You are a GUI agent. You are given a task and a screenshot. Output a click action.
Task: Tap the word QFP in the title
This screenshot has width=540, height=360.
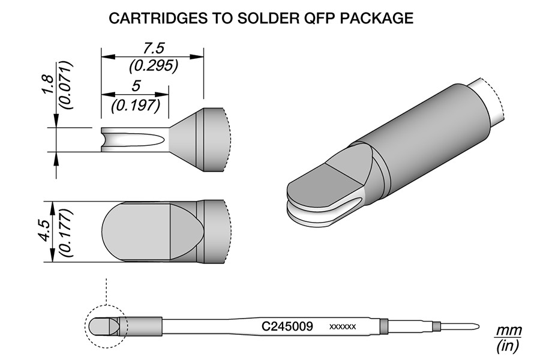coord(319,18)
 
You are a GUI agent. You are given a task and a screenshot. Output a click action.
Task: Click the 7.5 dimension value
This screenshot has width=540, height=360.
coord(154,48)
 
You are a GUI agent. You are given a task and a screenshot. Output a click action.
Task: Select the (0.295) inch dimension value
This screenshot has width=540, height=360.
coord(154,65)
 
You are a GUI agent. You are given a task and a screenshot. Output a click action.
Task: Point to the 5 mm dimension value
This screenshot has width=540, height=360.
coord(136,86)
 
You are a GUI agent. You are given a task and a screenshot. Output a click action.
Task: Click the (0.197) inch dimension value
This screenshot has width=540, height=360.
coord(136,105)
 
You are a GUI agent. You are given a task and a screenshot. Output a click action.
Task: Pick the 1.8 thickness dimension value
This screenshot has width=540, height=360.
coord(47,84)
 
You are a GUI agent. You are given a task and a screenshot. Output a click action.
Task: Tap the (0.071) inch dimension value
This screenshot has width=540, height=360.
coord(65,85)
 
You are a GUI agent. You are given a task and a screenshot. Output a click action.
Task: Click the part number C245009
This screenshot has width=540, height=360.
coord(287,326)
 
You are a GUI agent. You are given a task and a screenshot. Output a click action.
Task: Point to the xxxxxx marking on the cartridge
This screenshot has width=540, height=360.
coord(343,326)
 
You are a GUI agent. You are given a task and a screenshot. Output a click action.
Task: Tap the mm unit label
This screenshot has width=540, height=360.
coord(508,331)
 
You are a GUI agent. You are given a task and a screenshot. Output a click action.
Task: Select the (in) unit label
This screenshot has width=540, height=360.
coord(507,345)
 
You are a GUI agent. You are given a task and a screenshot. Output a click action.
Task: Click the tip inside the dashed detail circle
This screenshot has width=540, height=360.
coord(103,326)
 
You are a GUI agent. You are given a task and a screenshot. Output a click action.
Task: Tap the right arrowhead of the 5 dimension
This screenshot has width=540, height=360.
coord(162,94)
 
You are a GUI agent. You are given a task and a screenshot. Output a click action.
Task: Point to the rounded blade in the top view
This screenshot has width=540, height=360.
coord(137,231)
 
